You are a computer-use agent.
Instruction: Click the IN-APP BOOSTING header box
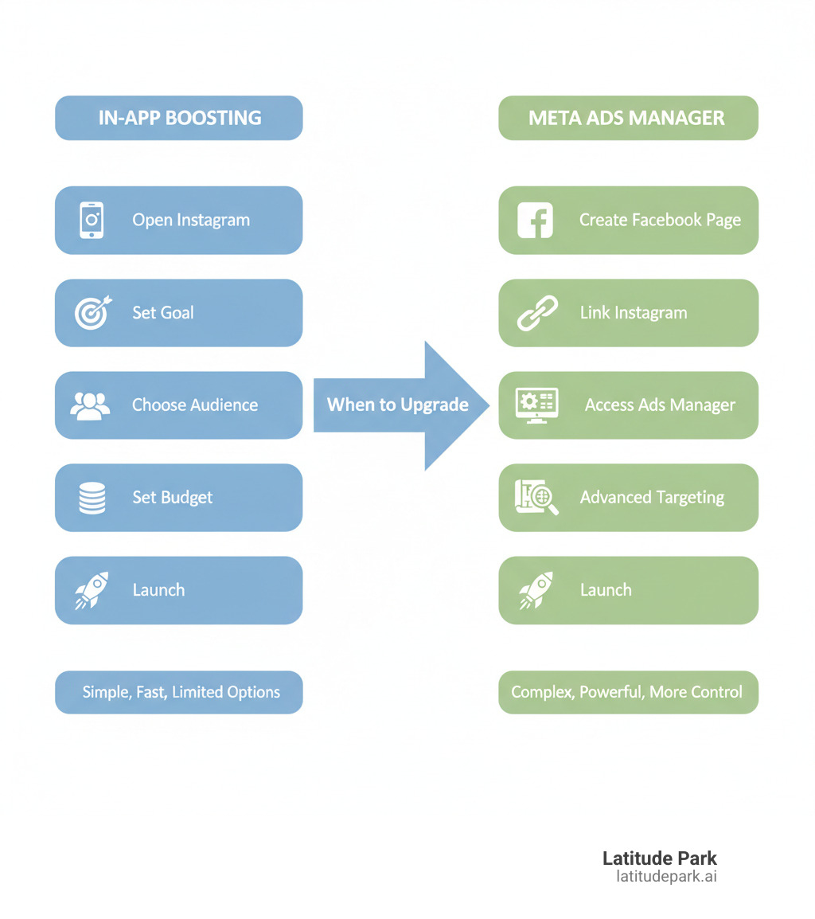point(178,118)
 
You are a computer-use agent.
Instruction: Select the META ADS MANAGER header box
point(628,118)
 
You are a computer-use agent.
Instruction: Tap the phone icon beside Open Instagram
point(92,220)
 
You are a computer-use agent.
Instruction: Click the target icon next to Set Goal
point(92,312)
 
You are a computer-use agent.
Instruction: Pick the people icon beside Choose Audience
point(91,405)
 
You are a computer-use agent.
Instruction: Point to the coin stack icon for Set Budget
point(92,498)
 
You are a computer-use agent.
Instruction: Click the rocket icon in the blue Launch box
point(92,590)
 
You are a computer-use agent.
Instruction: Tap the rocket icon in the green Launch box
point(536,590)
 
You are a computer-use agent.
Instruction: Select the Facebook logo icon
point(535,220)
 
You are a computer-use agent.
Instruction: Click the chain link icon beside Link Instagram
point(537,313)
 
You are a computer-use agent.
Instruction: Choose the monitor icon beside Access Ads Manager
point(537,405)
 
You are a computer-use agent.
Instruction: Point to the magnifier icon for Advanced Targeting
point(537,498)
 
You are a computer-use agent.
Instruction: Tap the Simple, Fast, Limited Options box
point(178,692)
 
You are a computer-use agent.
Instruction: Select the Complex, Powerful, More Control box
point(628,692)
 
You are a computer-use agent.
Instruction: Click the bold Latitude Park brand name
point(659,858)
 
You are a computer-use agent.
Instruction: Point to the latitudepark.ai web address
point(666,877)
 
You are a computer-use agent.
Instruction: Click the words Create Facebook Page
point(660,220)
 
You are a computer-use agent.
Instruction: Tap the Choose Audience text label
point(195,405)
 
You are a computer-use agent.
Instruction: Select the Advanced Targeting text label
point(652,498)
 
